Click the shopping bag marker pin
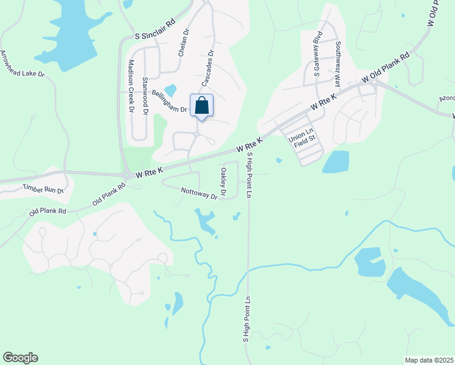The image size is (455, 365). (202, 105)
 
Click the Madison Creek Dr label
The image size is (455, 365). (131, 86)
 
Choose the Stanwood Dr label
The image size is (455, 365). (145, 96)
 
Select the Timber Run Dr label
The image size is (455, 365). (43, 189)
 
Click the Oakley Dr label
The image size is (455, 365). (223, 182)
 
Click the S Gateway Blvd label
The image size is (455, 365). (316, 58)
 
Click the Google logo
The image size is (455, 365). (20, 358)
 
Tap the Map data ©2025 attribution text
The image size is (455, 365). (429, 360)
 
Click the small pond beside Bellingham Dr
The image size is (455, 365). (170, 90)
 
